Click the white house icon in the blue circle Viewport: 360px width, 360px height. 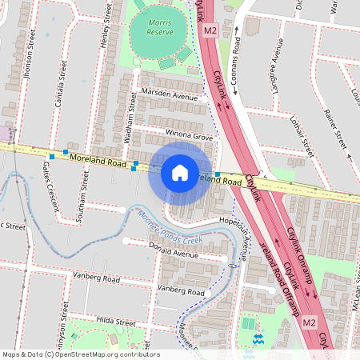180,172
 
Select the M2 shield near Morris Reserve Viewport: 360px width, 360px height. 210,30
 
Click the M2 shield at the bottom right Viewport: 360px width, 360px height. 310,322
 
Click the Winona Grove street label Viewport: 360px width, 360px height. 189,136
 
